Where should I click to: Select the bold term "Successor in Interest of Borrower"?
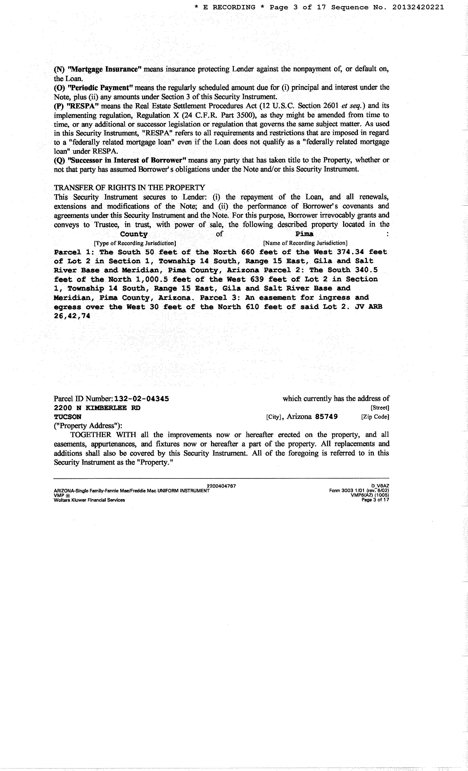pos(127,160)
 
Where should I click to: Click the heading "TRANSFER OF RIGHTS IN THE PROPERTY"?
pos(130,188)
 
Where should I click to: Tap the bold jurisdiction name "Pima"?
pos(304,234)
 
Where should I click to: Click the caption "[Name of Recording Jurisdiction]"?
pos(305,243)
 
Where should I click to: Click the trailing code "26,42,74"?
pos(72,316)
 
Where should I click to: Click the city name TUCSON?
pos(68,417)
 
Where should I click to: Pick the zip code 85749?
pos(326,417)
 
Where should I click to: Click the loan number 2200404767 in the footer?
pos(221,486)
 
